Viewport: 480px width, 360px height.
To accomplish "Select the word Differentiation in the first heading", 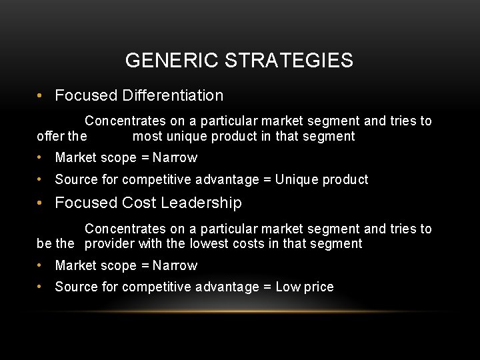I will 173,95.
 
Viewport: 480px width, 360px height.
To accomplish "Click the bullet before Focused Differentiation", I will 41,95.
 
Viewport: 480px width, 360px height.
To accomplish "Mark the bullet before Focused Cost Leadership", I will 41,203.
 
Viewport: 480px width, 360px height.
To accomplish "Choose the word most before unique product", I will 147,137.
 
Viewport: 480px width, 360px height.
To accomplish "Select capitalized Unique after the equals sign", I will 297,179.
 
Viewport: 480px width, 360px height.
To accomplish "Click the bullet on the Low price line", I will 41,287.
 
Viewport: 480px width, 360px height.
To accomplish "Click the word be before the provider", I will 44,244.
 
